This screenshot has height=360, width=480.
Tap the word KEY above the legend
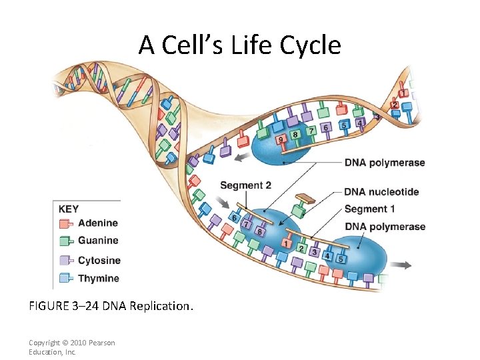69,209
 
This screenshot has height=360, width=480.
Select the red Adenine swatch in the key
65,223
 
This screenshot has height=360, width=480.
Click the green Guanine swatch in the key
65,241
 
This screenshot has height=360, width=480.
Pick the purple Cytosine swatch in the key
65,260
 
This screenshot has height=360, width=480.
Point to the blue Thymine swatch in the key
65,278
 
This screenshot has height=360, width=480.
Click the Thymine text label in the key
98,278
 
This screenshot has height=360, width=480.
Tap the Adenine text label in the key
97,223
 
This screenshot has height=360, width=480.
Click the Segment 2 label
245,185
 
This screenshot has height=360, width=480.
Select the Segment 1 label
369,209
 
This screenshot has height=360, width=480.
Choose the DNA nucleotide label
381,192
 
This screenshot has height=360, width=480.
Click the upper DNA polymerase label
385,163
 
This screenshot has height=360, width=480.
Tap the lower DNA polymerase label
385,227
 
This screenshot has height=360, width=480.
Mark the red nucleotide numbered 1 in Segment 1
287,244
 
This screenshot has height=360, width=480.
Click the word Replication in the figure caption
160,307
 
